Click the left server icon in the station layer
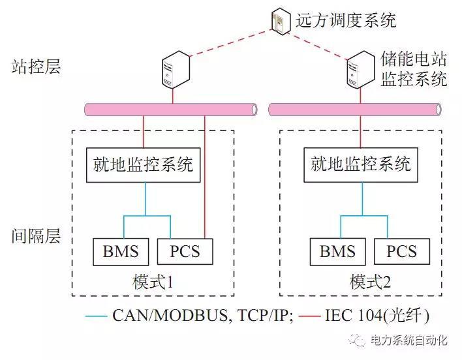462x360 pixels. click(x=174, y=72)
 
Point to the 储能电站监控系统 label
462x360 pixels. click(x=414, y=69)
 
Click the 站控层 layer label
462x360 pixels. click(x=36, y=67)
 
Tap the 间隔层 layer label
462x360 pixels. click(x=36, y=235)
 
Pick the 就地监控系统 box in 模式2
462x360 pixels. click(x=361, y=164)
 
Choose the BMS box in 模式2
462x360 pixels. click(x=337, y=251)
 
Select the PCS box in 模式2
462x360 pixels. click(x=402, y=251)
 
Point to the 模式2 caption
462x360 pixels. click(x=370, y=282)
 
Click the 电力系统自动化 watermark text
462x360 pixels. click(x=408, y=340)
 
